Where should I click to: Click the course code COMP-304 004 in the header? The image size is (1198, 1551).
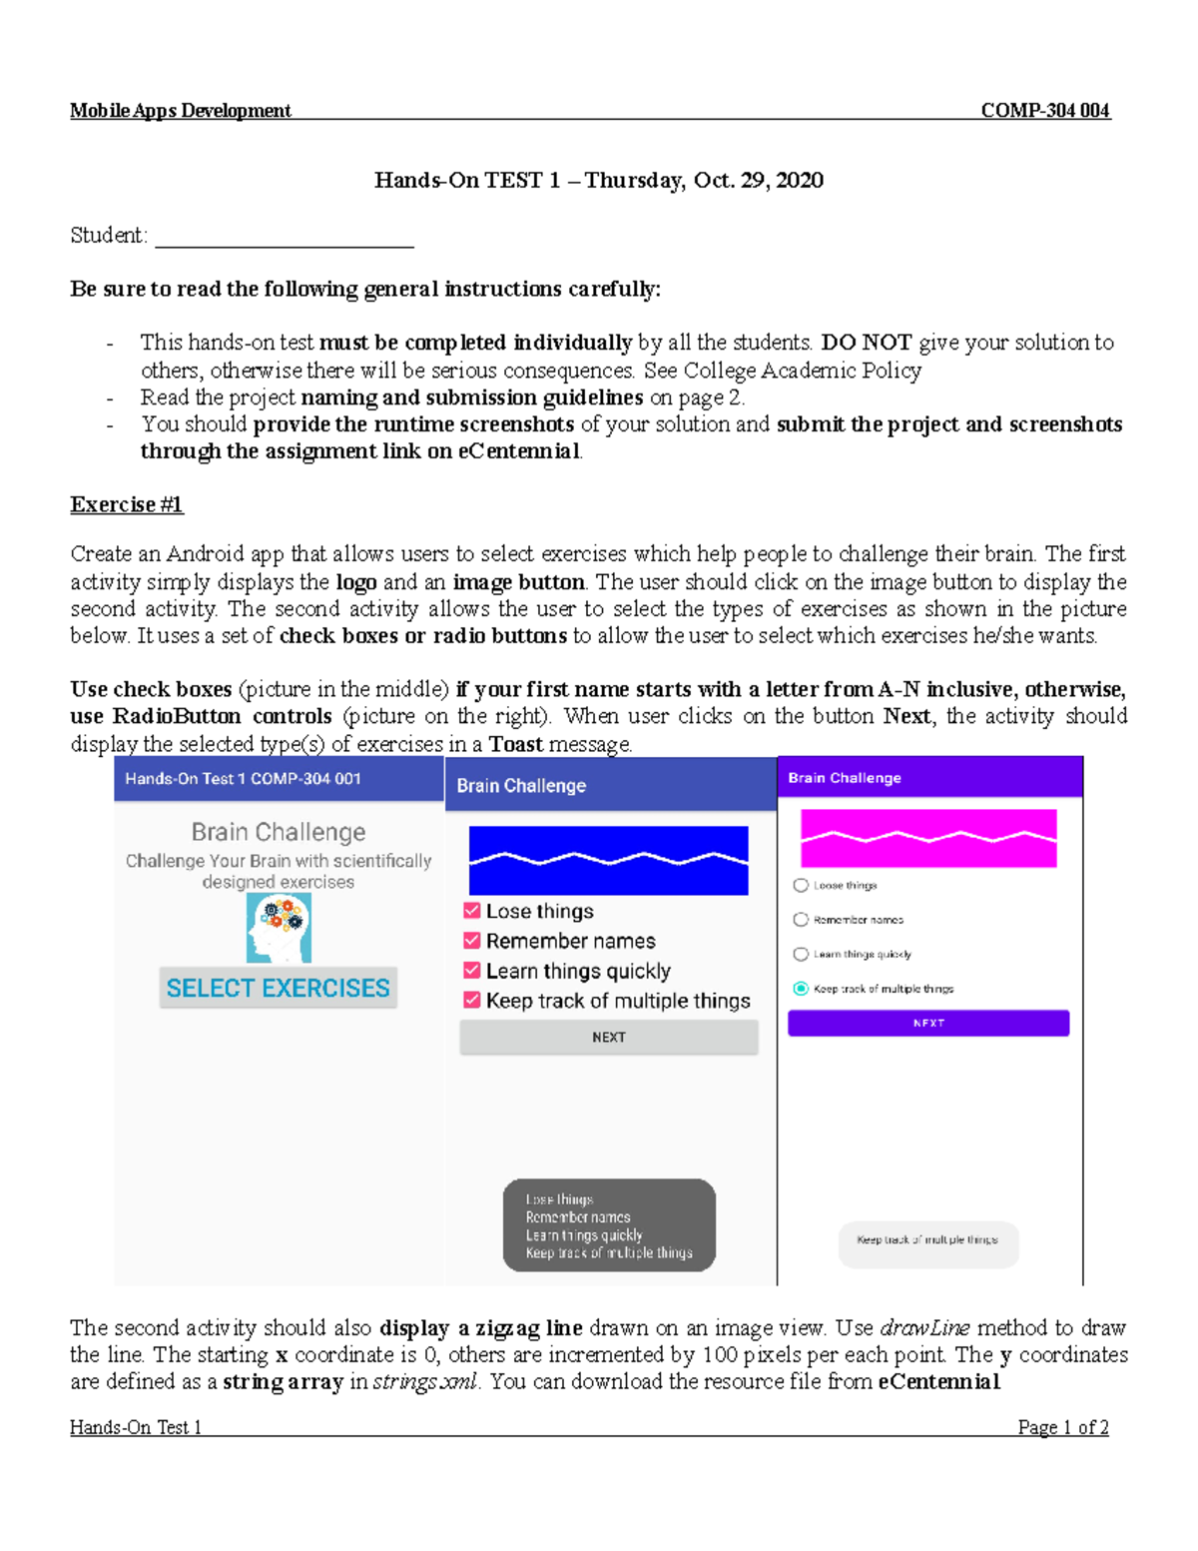pyautogui.click(x=1044, y=111)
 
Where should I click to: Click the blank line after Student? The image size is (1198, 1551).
pyautogui.click(x=285, y=238)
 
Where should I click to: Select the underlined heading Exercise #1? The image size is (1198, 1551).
pyautogui.click(x=127, y=505)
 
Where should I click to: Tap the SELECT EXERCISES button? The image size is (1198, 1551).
pyautogui.click(x=278, y=988)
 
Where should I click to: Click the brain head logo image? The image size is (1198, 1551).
pyautogui.click(x=279, y=928)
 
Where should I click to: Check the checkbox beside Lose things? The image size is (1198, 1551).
pyautogui.click(x=472, y=911)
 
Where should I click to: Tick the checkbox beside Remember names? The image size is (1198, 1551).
pyautogui.click(x=472, y=941)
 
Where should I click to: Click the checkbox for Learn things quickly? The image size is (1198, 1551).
pyautogui.click(x=472, y=971)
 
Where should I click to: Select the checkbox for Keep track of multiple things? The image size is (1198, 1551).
pyautogui.click(x=472, y=1001)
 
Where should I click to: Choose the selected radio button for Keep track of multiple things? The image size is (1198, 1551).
pyautogui.click(x=801, y=989)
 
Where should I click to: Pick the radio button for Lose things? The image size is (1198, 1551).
pyautogui.click(x=801, y=886)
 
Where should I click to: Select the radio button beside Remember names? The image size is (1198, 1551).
pyautogui.click(x=801, y=920)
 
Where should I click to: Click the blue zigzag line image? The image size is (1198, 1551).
pyautogui.click(x=608, y=860)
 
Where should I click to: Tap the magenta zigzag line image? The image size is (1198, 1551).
pyautogui.click(x=928, y=838)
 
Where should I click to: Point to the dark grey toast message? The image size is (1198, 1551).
pyautogui.click(x=609, y=1225)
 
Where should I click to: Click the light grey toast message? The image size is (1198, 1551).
pyautogui.click(x=927, y=1240)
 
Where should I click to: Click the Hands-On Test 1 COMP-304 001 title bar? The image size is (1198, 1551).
pyautogui.click(x=279, y=779)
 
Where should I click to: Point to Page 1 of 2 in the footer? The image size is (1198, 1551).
pyautogui.click(x=1062, y=1428)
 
